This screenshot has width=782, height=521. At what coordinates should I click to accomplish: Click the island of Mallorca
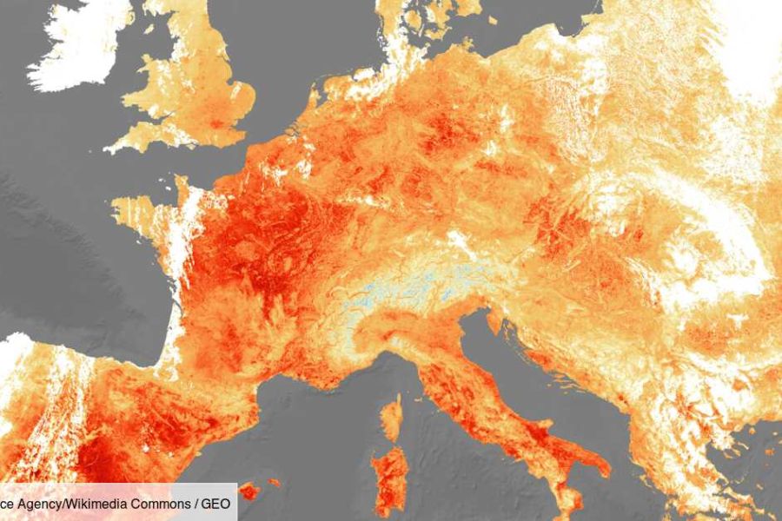[249, 491]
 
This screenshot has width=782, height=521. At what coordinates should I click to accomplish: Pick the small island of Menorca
[275, 482]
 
